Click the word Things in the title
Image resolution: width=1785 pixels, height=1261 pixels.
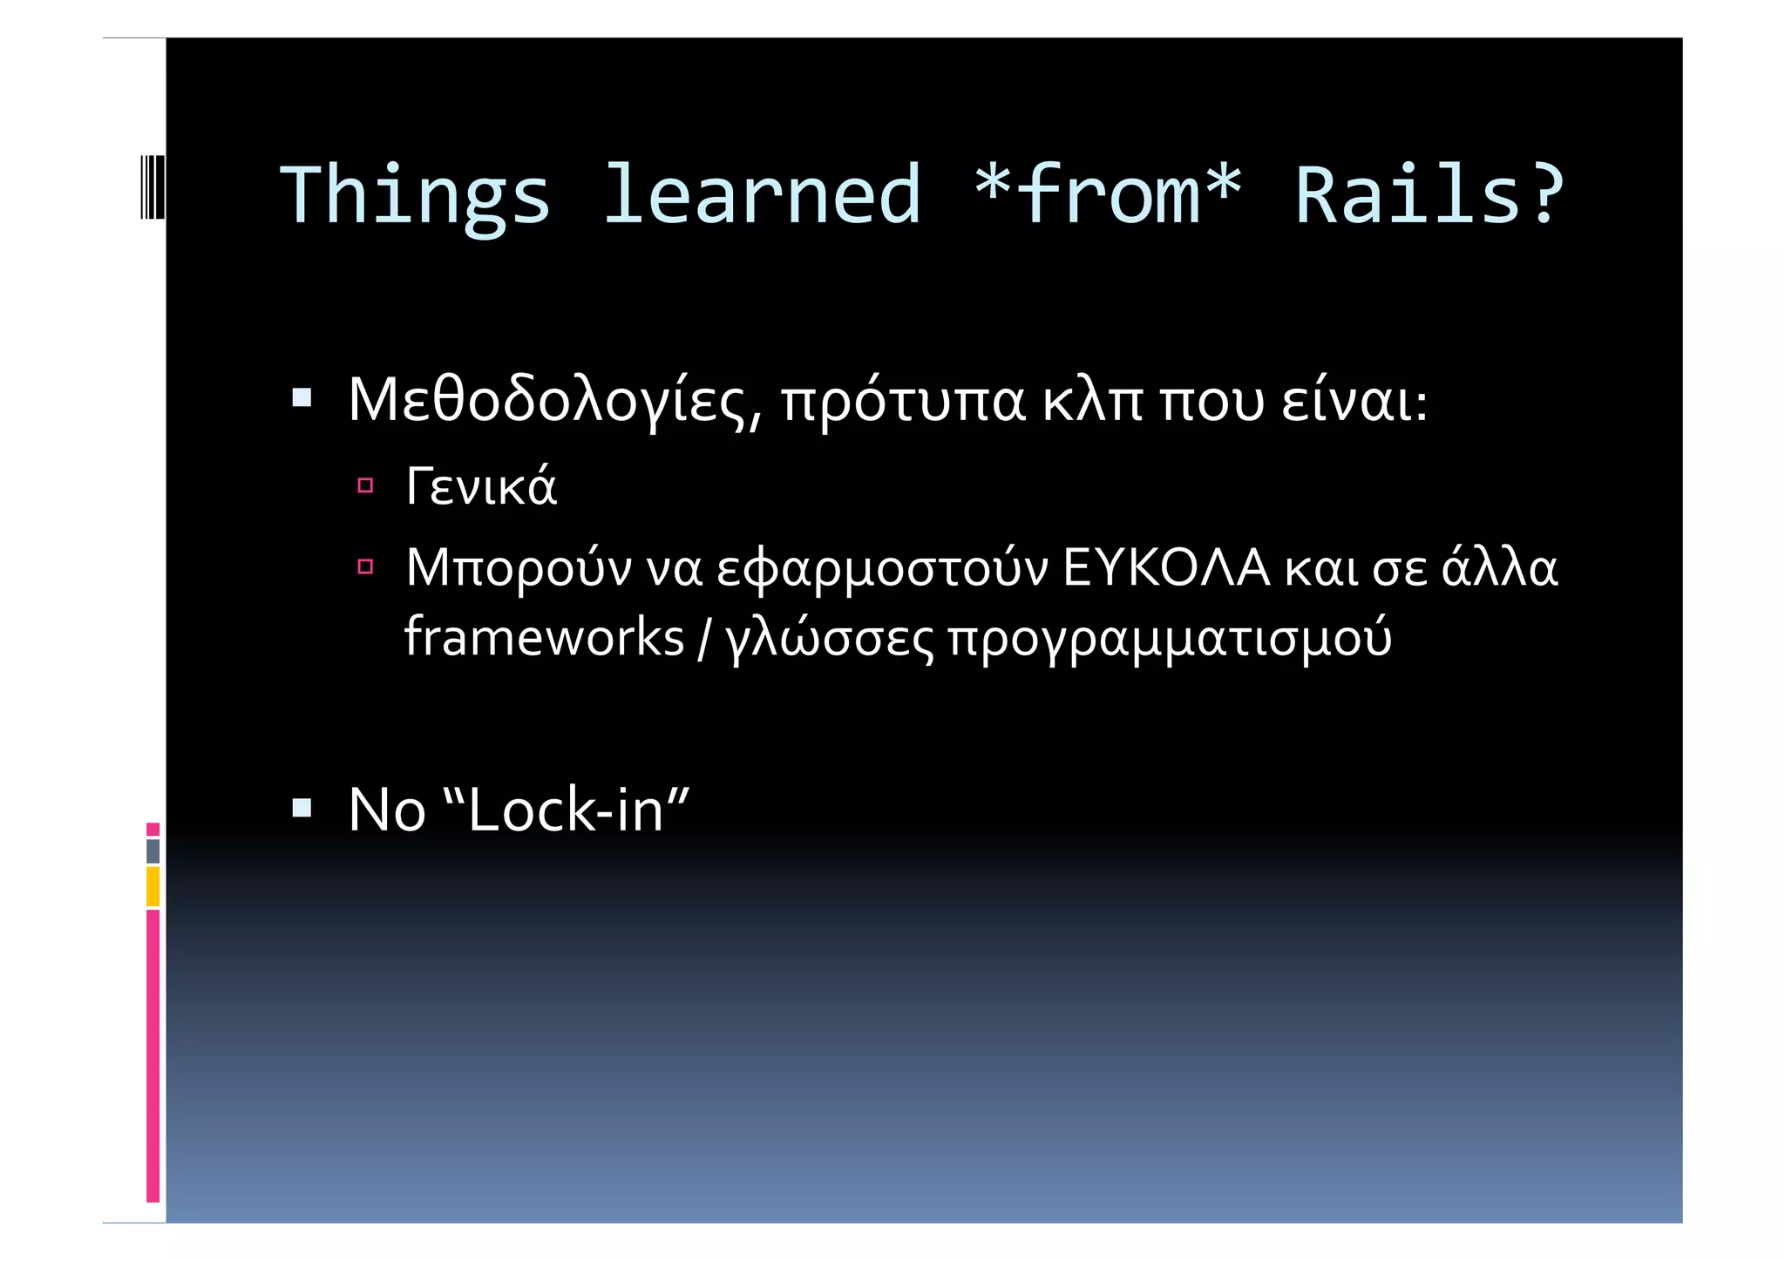pos(415,197)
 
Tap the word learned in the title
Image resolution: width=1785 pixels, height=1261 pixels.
pos(761,195)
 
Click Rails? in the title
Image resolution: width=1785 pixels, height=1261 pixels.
pos(1429,195)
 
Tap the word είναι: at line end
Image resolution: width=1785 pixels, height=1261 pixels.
pos(1354,402)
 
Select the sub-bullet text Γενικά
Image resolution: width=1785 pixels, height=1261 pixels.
pos(481,486)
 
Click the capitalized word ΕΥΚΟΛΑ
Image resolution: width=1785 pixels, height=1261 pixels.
pos(1166,567)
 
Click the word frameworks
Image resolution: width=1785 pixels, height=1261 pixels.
pos(544,637)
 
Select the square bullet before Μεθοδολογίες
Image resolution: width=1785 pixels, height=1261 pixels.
pos(302,399)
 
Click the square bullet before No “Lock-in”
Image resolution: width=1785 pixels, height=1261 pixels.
pos(302,808)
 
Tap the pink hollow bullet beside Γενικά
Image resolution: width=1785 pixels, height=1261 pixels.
pos(365,485)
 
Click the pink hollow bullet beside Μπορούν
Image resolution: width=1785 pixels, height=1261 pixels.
pos(365,567)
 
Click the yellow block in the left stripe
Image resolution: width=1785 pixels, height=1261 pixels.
pos(153,886)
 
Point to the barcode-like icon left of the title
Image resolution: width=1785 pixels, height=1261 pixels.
pos(152,186)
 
